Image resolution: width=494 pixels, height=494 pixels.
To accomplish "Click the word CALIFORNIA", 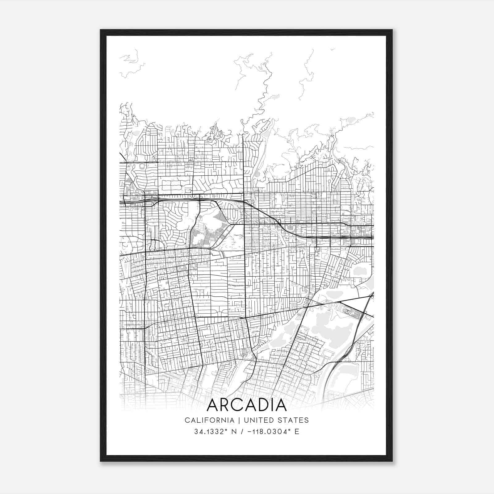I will coord(209,420).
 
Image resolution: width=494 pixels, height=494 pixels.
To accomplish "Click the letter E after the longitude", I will coord(297,432).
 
